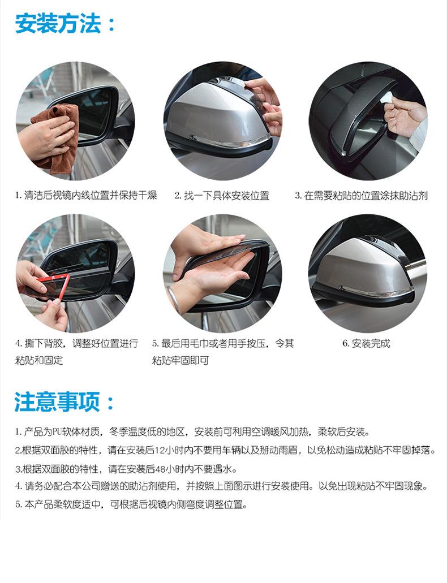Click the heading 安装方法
click(x=58, y=23)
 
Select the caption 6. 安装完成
click(x=366, y=343)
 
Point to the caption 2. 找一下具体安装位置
click(x=222, y=196)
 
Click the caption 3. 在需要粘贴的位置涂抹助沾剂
click(x=362, y=196)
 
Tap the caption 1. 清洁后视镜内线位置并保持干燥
click(x=86, y=195)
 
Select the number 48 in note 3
click(x=160, y=469)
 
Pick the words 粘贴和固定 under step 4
click(x=39, y=360)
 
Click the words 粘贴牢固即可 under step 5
click(x=180, y=360)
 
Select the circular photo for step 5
click(x=222, y=273)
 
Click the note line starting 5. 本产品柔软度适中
click(x=131, y=504)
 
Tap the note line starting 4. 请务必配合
click(x=221, y=486)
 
